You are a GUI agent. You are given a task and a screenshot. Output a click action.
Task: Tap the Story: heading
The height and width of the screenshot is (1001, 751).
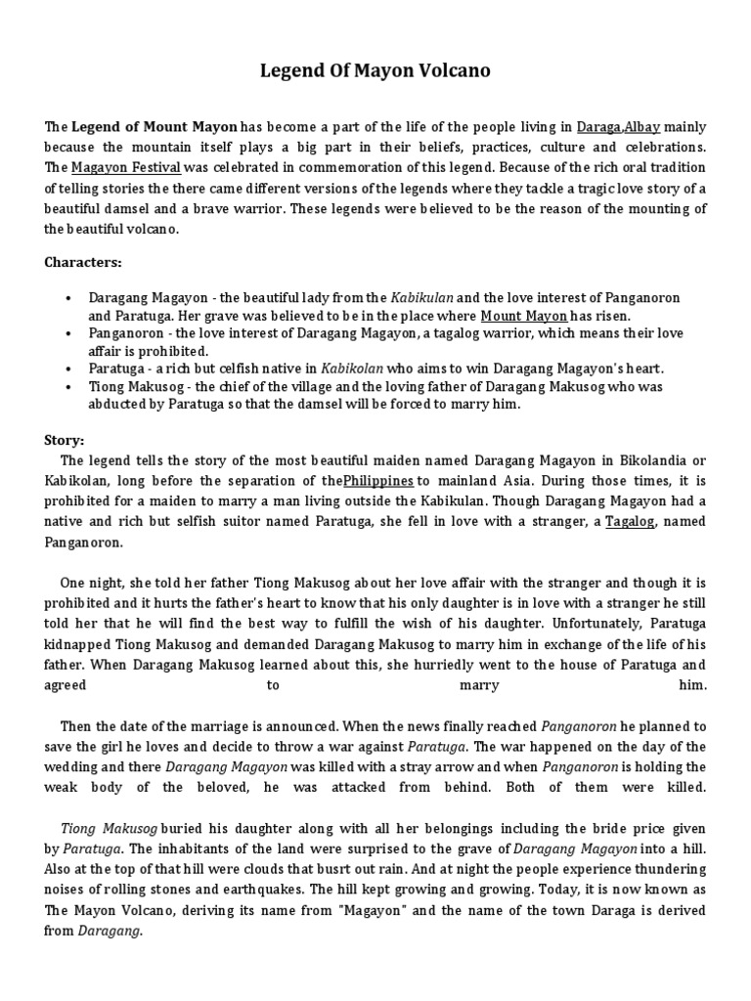66,439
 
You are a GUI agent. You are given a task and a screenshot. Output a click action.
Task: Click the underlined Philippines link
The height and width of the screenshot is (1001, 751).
378,480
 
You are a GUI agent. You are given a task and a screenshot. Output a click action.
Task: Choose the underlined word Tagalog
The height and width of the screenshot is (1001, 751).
630,521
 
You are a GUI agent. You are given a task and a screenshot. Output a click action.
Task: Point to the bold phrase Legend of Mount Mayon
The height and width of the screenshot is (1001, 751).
155,126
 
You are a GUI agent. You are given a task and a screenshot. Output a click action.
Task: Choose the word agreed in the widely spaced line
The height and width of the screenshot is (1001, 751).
66,685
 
